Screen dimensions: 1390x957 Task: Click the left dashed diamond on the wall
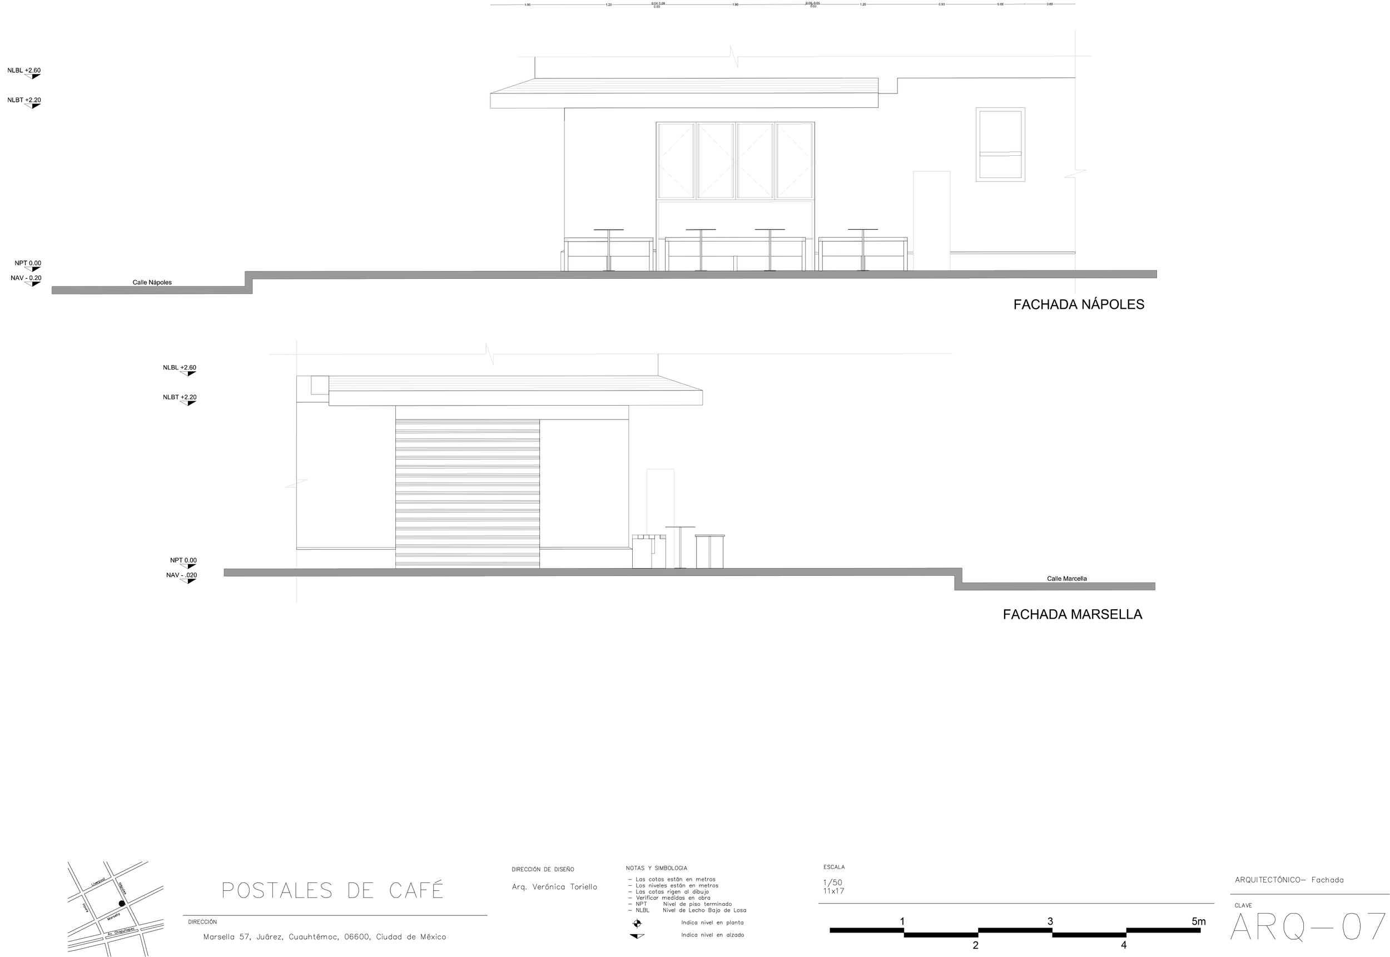click(696, 161)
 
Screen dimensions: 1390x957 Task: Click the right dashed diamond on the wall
click(775, 161)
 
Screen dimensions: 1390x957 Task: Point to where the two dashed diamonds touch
click(735, 161)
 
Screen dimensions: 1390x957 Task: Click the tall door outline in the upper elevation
click(931, 221)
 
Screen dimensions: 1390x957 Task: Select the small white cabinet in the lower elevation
click(710, 551)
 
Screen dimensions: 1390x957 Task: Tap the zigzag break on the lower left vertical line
click(296, 483)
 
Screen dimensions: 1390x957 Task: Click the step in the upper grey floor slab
click(249, 282)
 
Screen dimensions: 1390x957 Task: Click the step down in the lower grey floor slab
click(959, 579)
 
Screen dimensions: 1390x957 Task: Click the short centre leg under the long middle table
click(735, 263)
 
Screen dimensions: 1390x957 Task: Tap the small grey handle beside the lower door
click(663, 537)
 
